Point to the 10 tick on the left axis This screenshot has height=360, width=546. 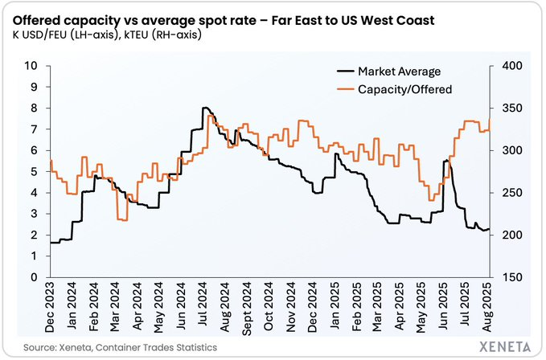pos(35,66)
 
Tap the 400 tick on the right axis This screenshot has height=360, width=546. pos(515,66)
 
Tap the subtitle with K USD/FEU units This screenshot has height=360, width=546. pos(109,35)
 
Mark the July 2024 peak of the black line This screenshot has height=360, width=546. pos(205,108)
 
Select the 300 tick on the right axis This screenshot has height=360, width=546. pos(515,150)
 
